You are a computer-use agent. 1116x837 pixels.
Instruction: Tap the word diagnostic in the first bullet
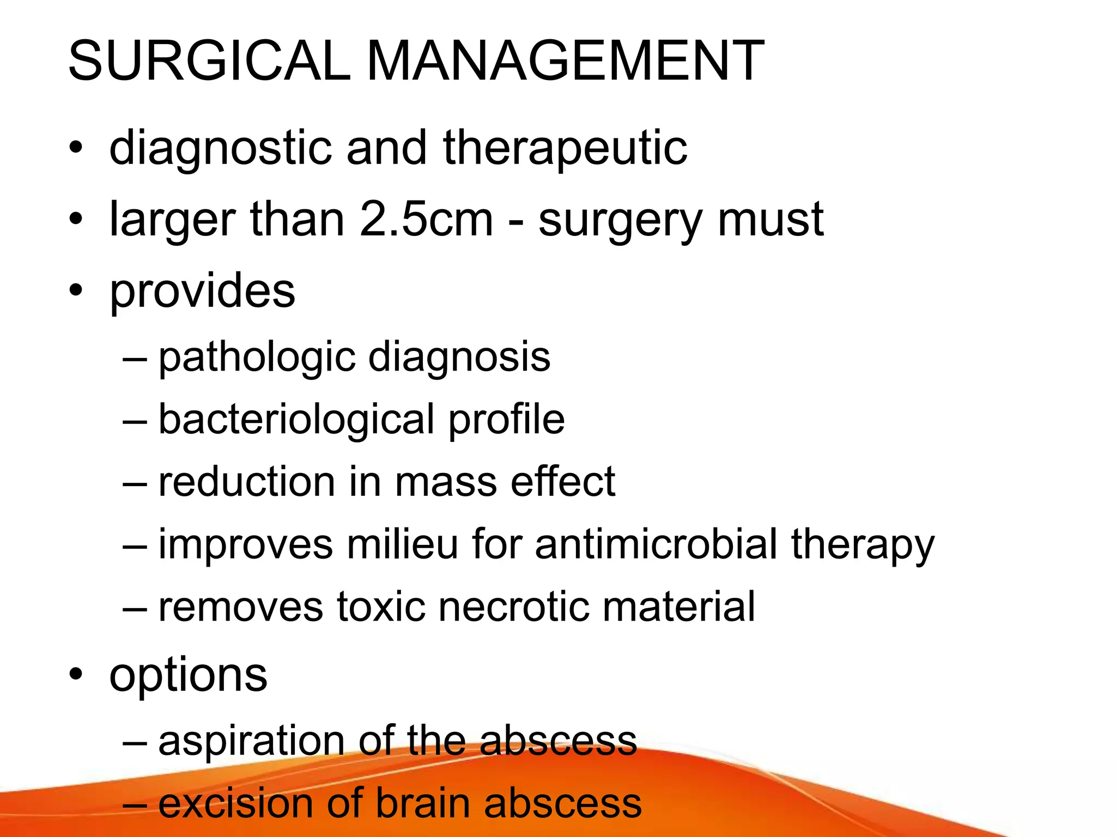coord(220,148)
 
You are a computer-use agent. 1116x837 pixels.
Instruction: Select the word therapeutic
coord(565,148)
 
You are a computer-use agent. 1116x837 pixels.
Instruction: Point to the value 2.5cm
coord(426,219)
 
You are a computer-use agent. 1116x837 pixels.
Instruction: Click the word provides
coord(202,292)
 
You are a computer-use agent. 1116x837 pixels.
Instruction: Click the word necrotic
coord(513,606)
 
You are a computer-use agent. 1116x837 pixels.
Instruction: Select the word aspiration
coord(251,741)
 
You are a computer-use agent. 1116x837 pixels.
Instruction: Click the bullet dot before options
coord(76,675)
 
